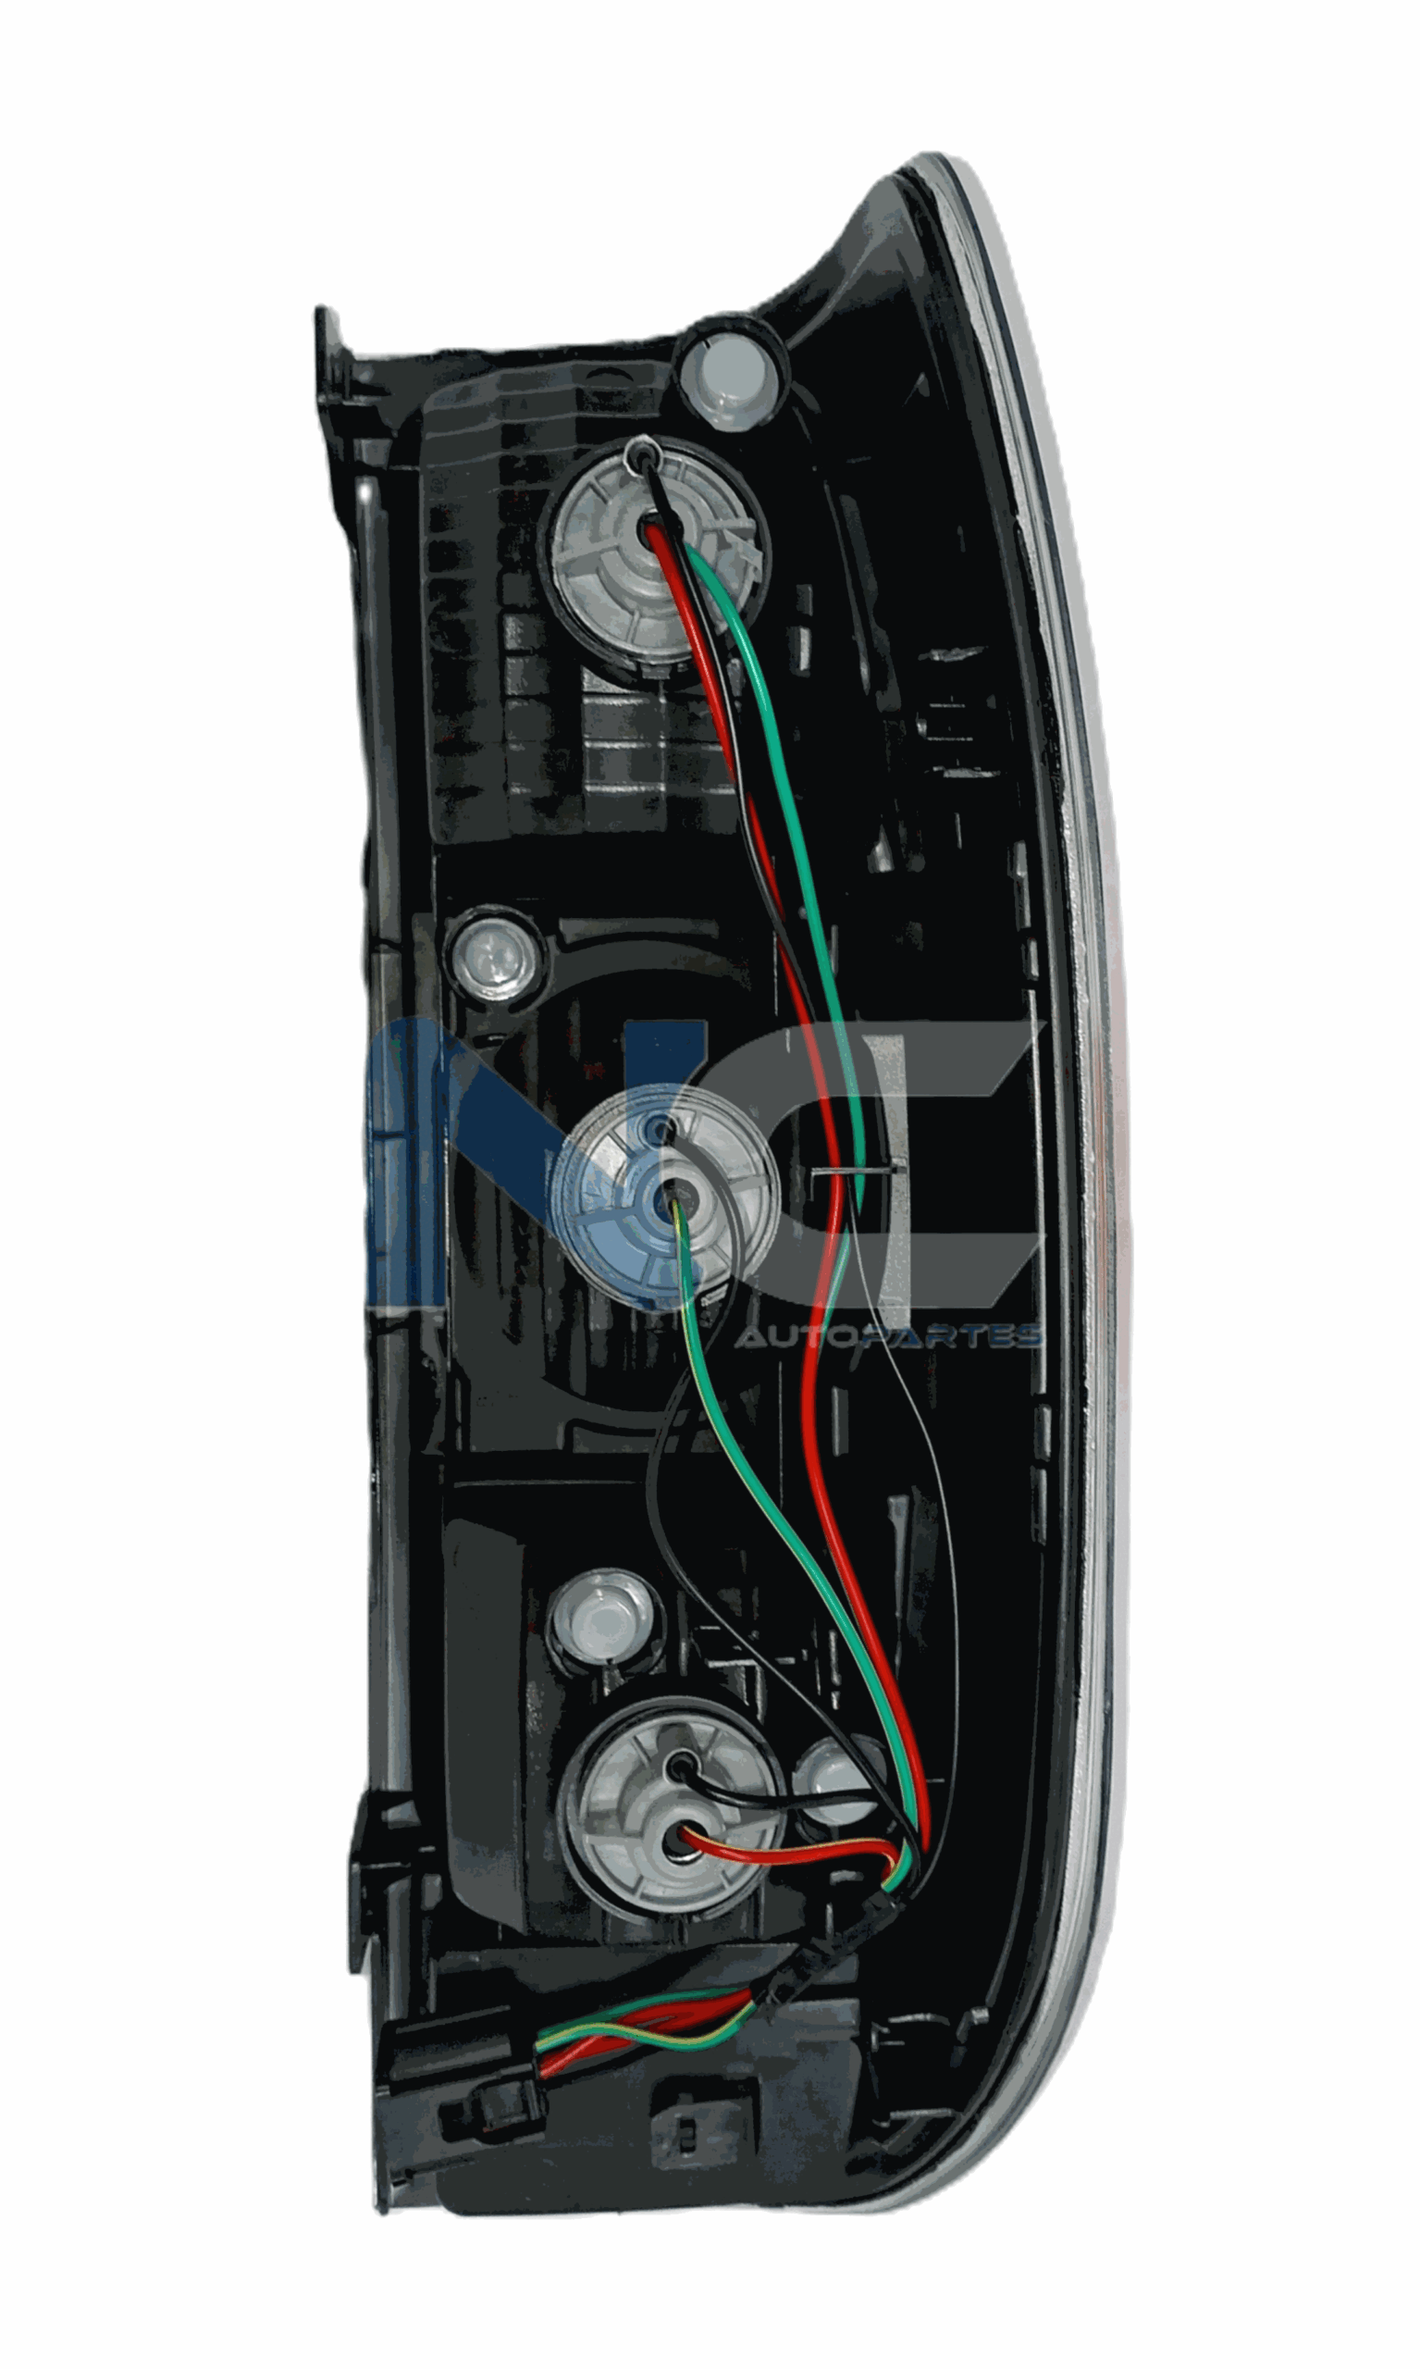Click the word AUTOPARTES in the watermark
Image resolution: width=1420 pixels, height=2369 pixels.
pyautogui.click(x=887, y=1336)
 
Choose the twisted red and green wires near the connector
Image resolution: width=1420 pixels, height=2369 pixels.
pyautogui.click(x=641, y=2039)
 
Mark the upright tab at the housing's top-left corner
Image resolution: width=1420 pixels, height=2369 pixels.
pyautogui.click(x=328, y=364)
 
